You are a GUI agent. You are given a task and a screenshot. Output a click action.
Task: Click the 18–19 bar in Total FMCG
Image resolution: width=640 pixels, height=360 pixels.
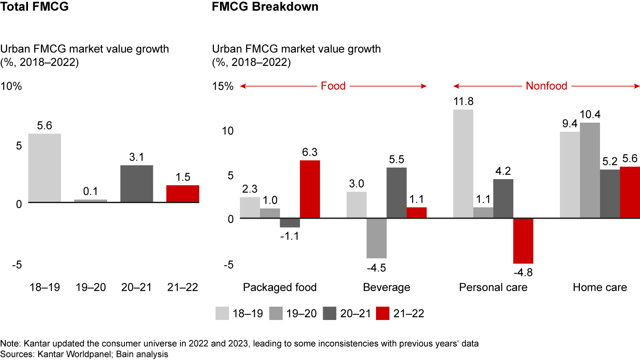[45, 168]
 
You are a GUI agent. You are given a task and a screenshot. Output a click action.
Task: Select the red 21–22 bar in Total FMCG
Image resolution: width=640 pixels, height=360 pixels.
[183, 194]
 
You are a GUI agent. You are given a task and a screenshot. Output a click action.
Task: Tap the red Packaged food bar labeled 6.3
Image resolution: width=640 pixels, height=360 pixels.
[310, 189]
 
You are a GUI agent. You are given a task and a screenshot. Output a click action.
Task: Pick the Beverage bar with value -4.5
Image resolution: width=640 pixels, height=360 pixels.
[376, 238]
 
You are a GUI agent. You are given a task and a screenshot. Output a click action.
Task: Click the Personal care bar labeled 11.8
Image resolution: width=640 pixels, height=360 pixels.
[463, 164]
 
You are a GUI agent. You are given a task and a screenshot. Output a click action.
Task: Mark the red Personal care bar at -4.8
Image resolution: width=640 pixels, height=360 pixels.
[523, 240]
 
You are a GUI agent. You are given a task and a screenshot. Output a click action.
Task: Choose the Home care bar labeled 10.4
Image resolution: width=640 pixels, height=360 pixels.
[590, 170]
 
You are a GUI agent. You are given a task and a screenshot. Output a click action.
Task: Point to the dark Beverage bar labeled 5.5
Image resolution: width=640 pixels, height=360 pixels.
[396, 192]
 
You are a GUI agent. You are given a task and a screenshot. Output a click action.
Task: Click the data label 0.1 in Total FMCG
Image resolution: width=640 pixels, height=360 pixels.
[91, 192]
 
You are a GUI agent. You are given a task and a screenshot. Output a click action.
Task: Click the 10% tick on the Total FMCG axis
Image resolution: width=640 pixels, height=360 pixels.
[12, 86]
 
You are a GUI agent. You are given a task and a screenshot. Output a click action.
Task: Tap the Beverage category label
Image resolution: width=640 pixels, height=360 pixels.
[386, 287]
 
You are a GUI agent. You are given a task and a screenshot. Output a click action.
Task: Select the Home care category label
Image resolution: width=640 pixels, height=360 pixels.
[600, 287]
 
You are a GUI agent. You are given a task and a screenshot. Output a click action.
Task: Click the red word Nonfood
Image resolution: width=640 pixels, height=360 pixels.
[546, 86]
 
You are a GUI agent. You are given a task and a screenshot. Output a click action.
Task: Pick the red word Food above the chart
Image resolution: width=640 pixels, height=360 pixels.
[333, 86]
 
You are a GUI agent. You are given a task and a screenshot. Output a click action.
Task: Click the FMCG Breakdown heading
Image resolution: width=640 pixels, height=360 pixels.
[265, 7]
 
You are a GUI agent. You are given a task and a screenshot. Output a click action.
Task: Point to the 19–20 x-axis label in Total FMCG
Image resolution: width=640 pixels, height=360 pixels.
[91, 287]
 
